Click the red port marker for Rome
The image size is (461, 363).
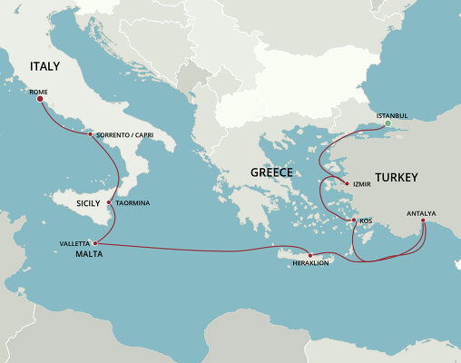pyautogui.click(x=39, y=100)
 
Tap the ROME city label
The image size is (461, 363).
pyautogui.click(x=38, y=92)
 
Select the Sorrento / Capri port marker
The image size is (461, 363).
pyautogui.click(x=90, y=134)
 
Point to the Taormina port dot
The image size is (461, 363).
pyautogui.click(x=109, y=202)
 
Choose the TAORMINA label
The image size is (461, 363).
pyautogui.click(x=132, y=202)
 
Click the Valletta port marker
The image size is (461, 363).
pyautogui.click(x=95, y=243)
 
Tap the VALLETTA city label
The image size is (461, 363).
pyautogui.click(x=74, y=243)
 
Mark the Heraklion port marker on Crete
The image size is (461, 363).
pyautogui.click(x=310, y=255)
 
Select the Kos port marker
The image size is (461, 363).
pyautogui.click(x=354, y=221)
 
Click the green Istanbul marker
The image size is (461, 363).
pyautogui.click(x=387, y=123)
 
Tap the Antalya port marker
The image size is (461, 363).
pyautogui.click(x=423, y=221)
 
